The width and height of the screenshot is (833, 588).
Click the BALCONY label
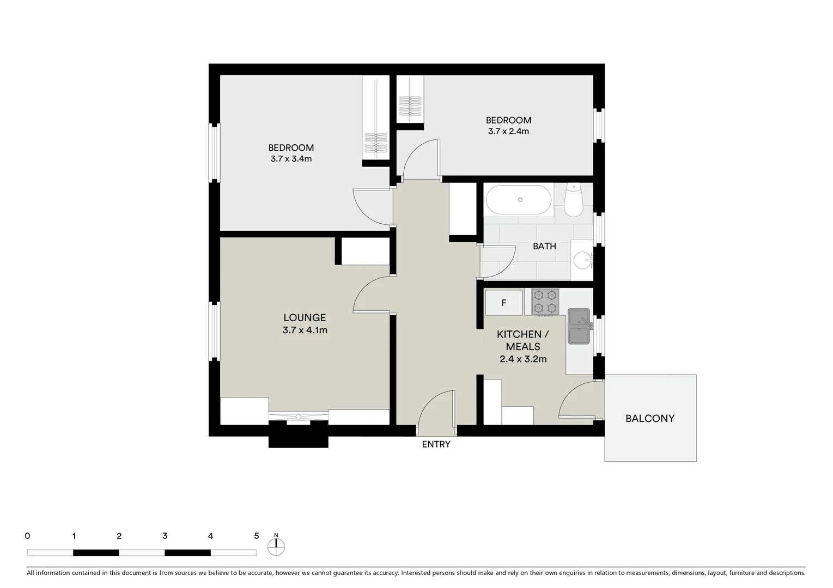point(649,419)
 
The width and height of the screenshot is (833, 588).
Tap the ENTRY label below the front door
point(436,444)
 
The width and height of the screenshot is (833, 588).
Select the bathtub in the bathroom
point(519,200)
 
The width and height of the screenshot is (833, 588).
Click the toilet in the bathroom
point(573,200)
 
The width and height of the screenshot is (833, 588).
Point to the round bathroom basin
point(584,260)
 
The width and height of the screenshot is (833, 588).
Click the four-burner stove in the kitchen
point(545,302)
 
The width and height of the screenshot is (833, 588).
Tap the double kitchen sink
point(579,327)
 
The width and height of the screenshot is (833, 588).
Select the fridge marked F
point(504,303)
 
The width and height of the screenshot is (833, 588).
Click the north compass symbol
point(276,546)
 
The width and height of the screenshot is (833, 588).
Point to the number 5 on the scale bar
point(256,536)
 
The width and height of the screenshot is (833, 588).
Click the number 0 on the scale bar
point(27,536)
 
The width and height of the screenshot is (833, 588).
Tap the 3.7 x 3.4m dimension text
point(291,159)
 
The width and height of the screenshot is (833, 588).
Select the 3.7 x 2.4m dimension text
point(508,131)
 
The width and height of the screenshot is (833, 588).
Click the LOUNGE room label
point(305,317)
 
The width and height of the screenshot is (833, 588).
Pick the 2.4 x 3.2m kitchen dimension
point(523,359)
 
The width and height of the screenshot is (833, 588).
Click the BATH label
point(544,246)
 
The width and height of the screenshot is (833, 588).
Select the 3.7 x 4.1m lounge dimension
point(305,330)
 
